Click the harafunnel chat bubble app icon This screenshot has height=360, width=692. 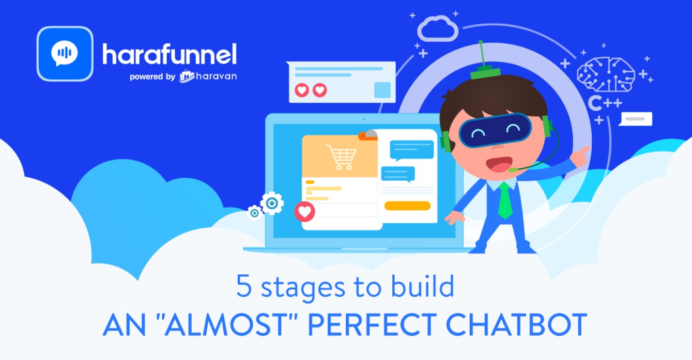click(65, 54)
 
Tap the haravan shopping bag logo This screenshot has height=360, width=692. click(187, 76)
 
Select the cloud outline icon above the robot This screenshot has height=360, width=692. click(437, 28)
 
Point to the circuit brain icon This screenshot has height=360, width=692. click(606, 74)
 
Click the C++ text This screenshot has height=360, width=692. click(605, 103)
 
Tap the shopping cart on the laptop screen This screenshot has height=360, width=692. click(342, 157)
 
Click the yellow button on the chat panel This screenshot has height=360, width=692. click(407, 206)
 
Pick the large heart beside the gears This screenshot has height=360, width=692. click(304, 212)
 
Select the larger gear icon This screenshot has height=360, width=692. click(272, 203)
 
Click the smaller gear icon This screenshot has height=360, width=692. click(254, 213)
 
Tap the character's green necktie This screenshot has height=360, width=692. click(505, 200)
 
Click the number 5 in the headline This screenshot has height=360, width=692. click(244, 286)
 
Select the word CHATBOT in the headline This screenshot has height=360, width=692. click(516, 324)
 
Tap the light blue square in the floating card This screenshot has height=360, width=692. click(382, 90)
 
